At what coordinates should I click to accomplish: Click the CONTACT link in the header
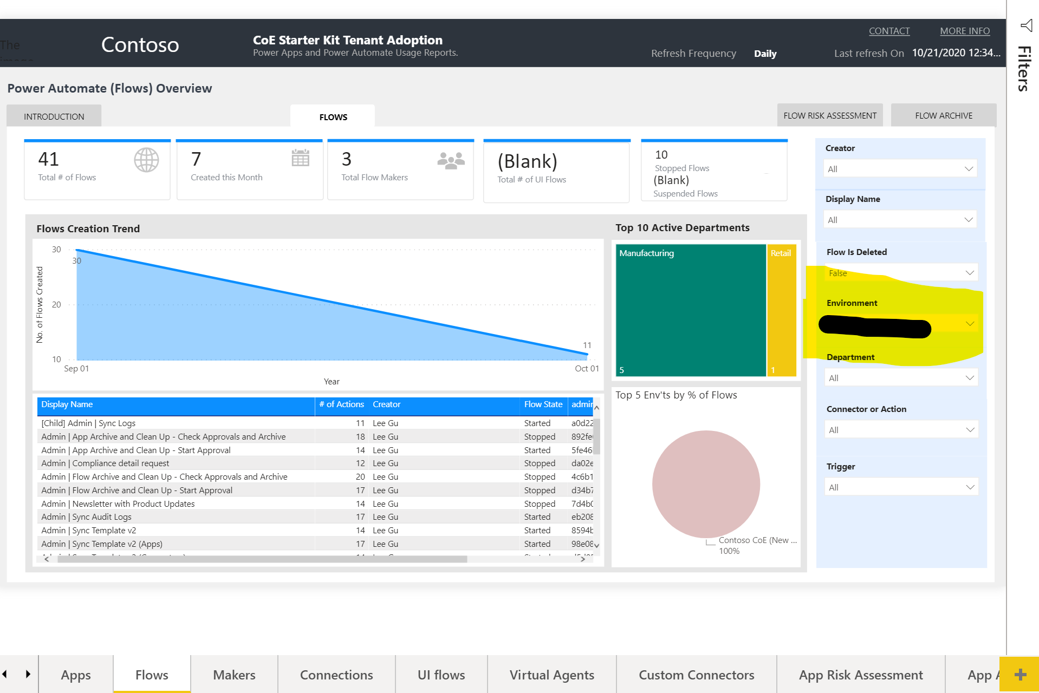pos(889,31)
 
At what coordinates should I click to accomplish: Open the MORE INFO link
pos(964,31)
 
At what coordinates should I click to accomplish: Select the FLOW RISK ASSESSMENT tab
pos(829,115)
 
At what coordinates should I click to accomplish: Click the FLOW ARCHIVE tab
pos(943,115)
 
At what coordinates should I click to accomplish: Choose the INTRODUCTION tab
pos(54,116)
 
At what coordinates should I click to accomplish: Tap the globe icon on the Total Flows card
pos(146,160)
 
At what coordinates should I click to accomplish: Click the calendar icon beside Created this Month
pos(300,158)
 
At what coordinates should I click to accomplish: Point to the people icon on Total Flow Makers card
pos(451,160)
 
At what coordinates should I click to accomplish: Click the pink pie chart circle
pos(705,483)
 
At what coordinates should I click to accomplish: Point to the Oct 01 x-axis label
pos(586,369)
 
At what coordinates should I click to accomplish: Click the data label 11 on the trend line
pos(587,345)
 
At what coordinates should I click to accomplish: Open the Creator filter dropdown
pos(899,169)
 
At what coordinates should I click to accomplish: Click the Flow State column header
pos(543,404)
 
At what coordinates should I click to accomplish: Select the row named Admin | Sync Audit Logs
pos(87,517)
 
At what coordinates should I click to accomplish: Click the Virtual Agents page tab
pos(551,675)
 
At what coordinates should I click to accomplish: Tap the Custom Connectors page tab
pos(696,675)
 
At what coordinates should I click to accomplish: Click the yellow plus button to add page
pos(1019,674)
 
